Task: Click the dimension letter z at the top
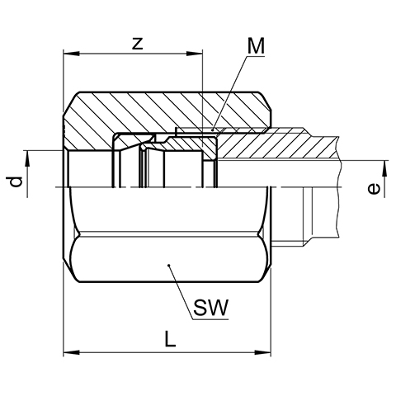tap(138, 44)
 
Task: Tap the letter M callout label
tap(256, 45)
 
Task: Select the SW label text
tap(211, 308)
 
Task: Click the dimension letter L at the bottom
tap(170, 339)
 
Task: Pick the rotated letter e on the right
tap(374, 189)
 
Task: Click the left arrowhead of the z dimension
tap(72, 54)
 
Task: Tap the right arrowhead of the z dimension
tap(195, 54)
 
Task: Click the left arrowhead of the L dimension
tap(72, 352)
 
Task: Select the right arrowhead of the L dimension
tap(262, 352)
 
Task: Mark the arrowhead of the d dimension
tap(27, 158)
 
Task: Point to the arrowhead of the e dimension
tap(384, 168)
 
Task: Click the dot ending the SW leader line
tap(169, 266)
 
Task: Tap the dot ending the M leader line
tap(212, 130)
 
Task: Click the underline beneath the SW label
tap(211, 319)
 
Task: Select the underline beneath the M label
tap(256, 56)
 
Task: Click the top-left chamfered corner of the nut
tap(72, 102)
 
